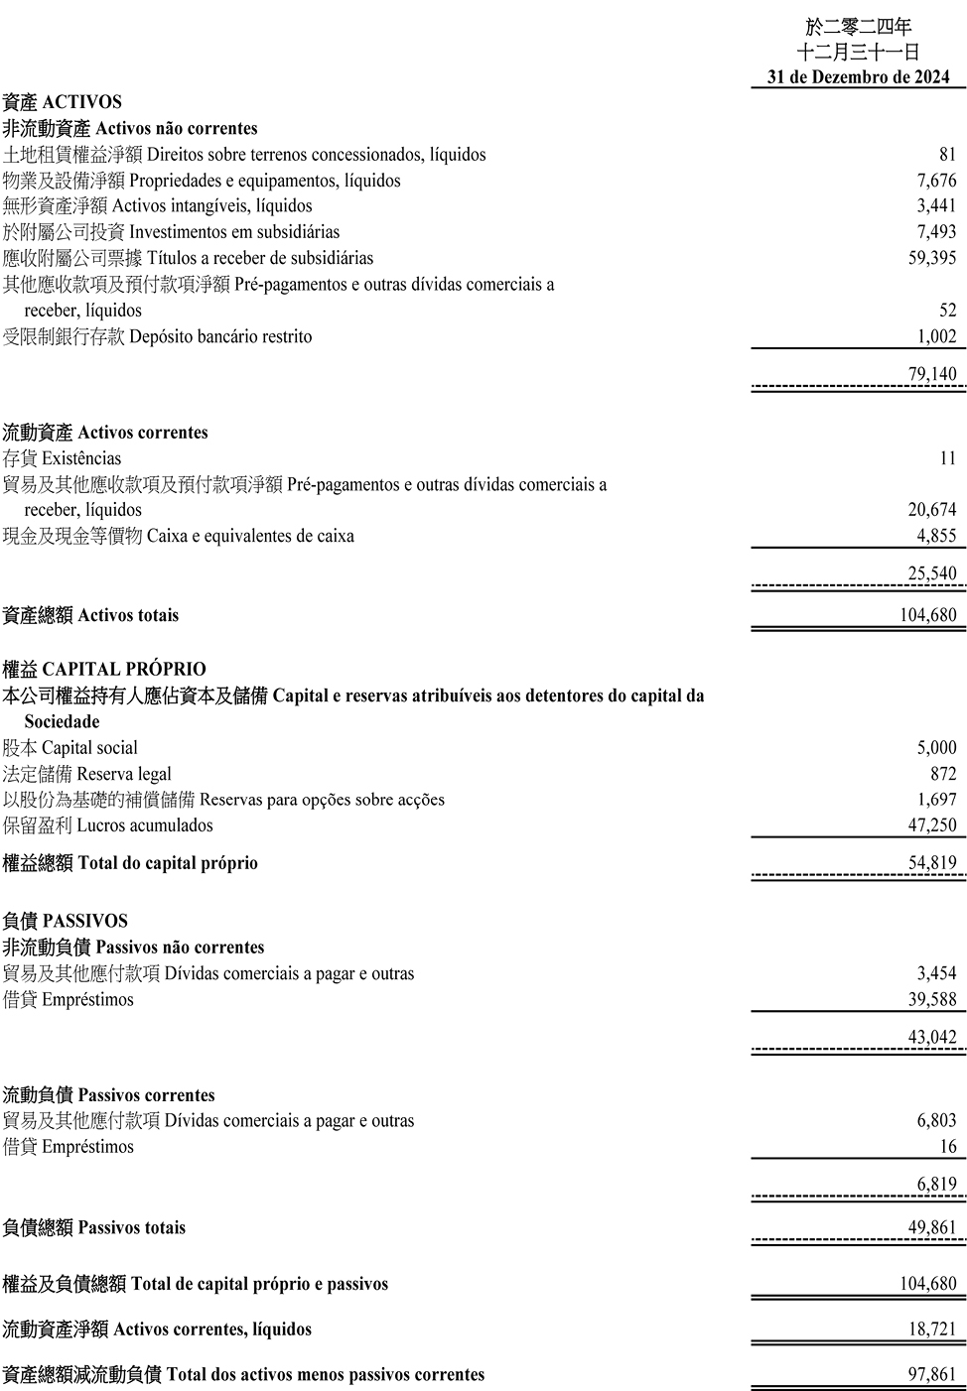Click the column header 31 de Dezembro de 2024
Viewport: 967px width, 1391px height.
858,76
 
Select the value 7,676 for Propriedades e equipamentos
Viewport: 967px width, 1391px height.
936,181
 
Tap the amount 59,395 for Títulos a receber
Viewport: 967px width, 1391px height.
931,258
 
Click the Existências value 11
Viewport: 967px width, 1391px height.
947,458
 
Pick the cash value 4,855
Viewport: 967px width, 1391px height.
936,536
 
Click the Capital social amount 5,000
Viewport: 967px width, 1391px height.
936,748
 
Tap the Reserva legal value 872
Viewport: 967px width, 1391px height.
943,774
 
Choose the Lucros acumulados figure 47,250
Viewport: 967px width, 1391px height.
931,825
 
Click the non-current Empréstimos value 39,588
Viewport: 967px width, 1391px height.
931,999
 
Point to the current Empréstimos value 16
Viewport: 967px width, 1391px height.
947,1147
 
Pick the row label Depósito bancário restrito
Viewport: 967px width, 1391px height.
219,337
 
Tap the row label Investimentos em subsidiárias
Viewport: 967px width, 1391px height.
233,232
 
